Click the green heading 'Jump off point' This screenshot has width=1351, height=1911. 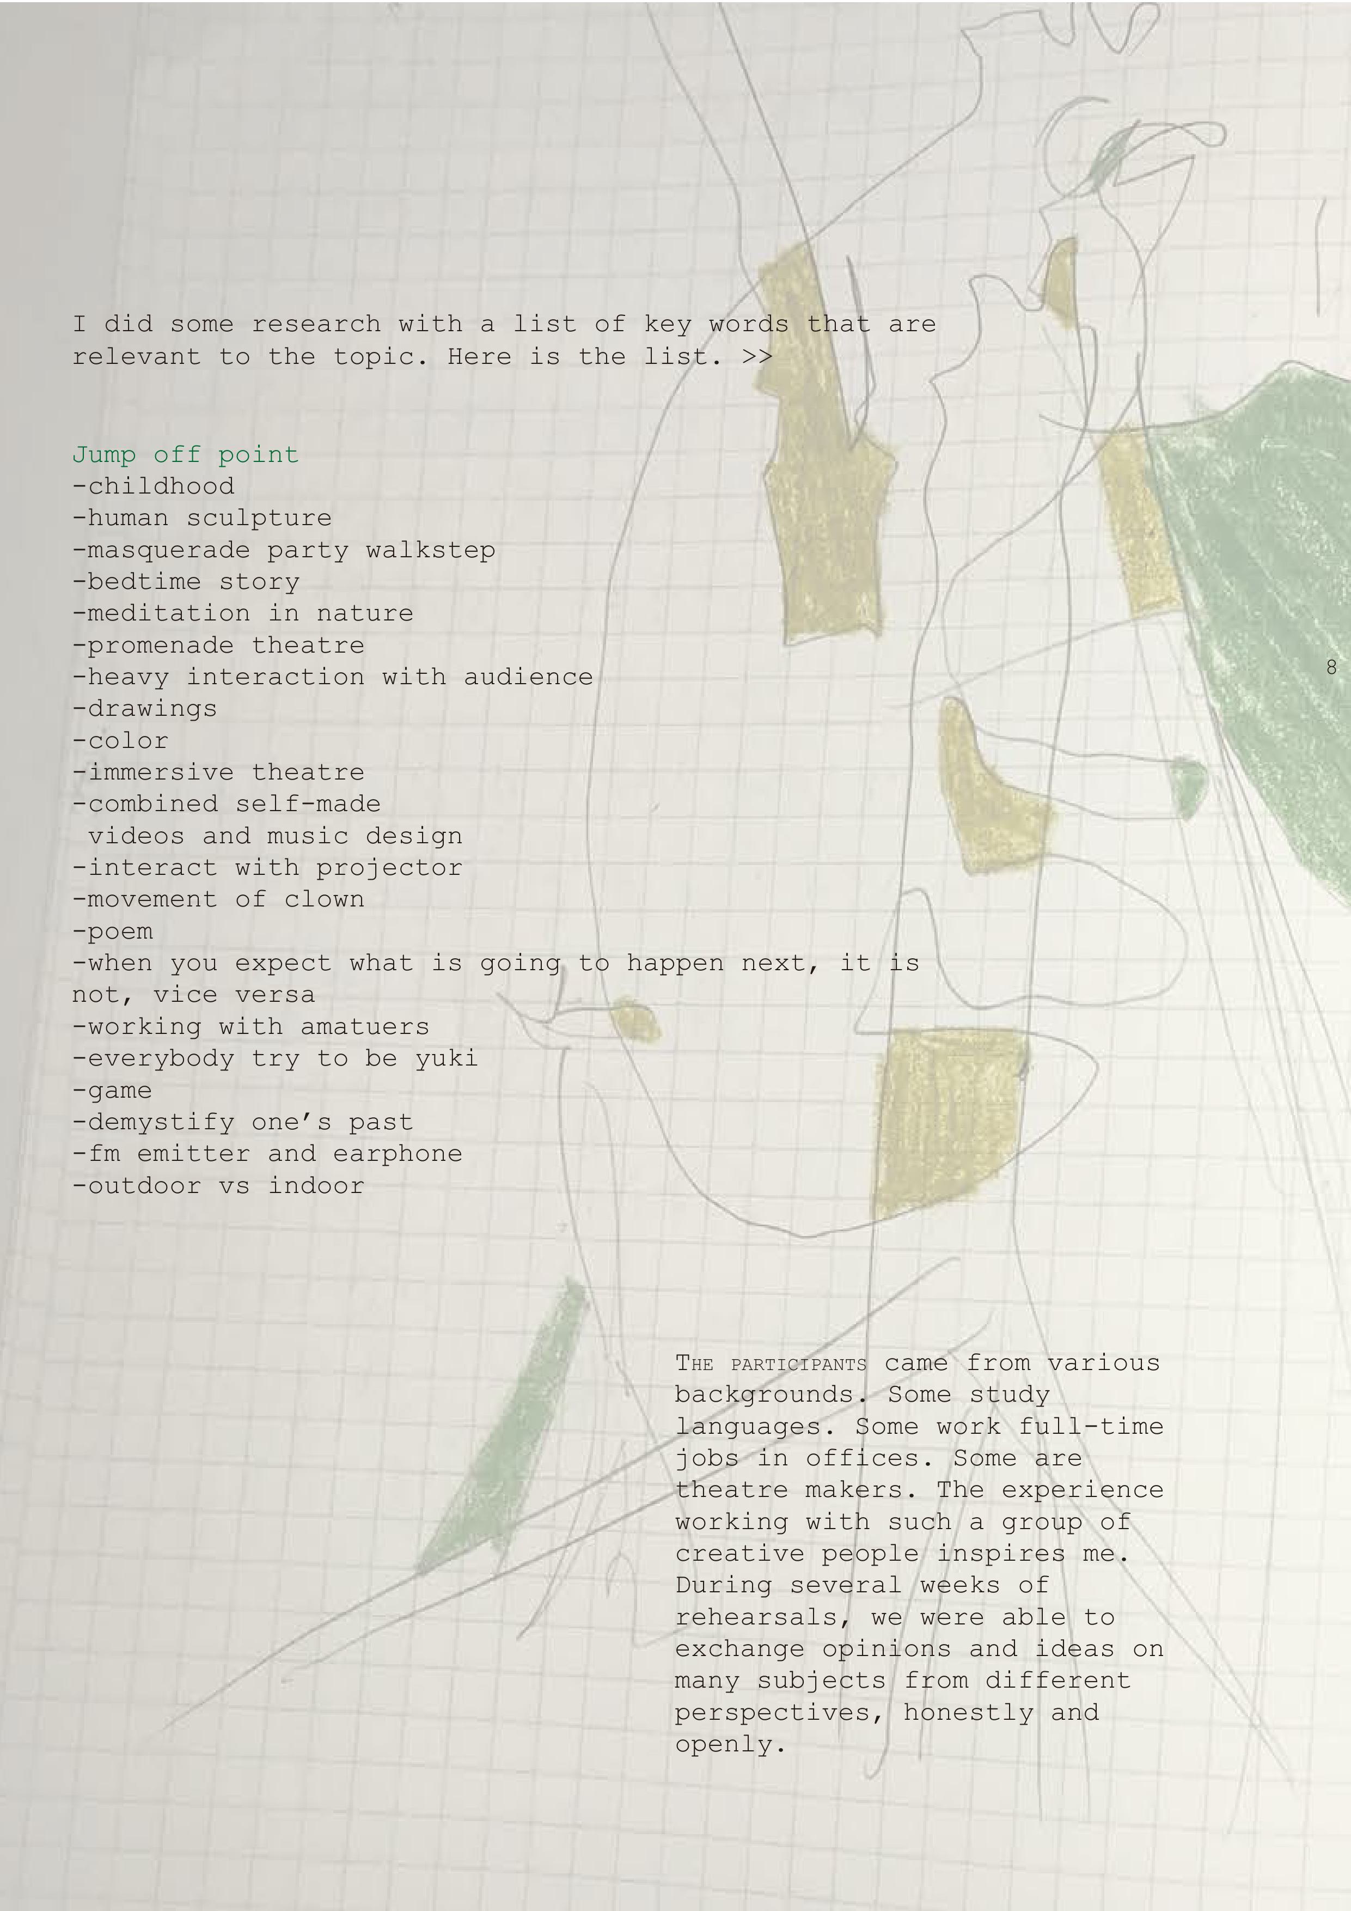point(186,454)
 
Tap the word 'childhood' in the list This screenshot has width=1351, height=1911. point(161,486)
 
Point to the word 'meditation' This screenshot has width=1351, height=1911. point(169,613)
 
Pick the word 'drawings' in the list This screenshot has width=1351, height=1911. point(152,709)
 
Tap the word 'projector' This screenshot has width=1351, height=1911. point(389,868)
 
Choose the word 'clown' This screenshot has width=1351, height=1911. point(325,900)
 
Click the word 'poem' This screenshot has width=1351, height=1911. point(121,932)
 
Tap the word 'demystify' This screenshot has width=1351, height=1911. point(161,1123)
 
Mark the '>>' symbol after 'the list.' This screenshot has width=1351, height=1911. point(757,357)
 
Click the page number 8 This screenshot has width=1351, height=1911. point(1331,667)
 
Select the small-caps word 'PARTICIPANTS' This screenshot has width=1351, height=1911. point(799,1365)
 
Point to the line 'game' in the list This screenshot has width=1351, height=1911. point(112,1091)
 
